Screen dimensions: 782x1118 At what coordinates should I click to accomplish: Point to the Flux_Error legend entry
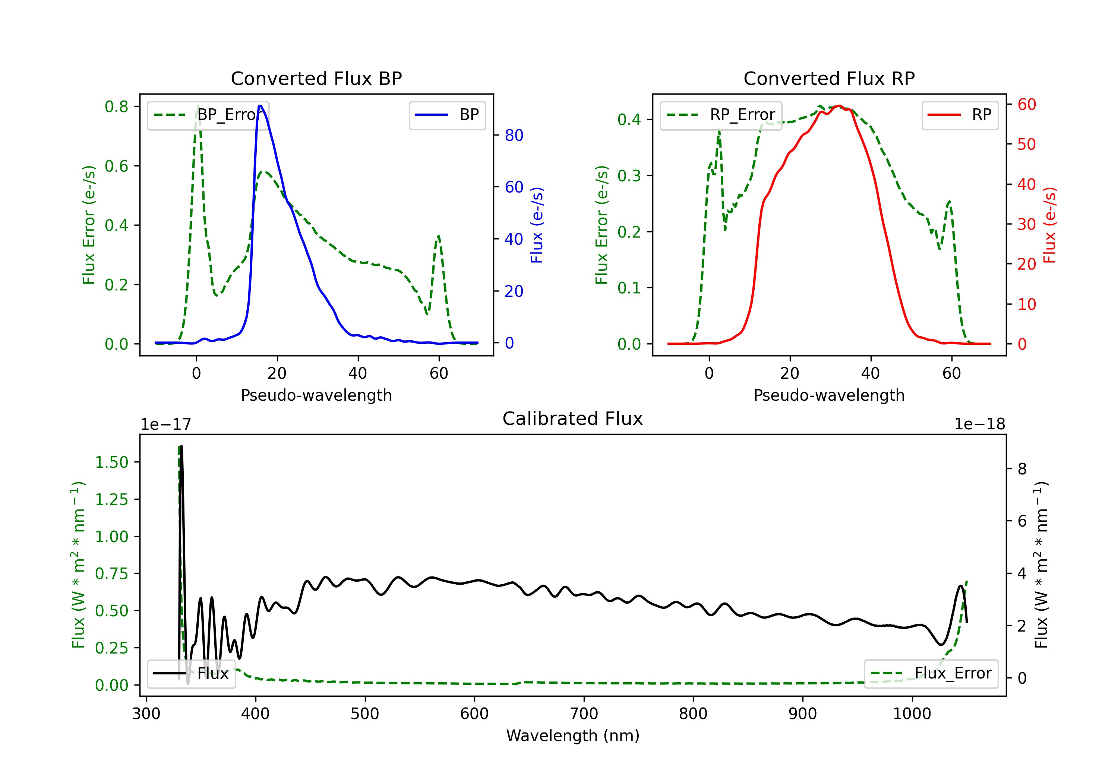[x=931, y=674]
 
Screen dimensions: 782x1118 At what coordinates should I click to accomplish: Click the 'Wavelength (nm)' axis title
[x=573, y=736]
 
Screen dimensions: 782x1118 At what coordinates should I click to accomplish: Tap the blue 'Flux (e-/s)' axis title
[x=537, y=225]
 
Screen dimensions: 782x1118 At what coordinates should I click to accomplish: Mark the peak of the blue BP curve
[x=260, y=106]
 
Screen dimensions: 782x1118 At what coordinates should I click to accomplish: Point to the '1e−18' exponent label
[x=979, y=425]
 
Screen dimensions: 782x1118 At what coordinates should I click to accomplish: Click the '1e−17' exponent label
[x=166, y=425]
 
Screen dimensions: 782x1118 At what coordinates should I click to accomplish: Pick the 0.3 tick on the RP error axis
[x=629, y=176]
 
